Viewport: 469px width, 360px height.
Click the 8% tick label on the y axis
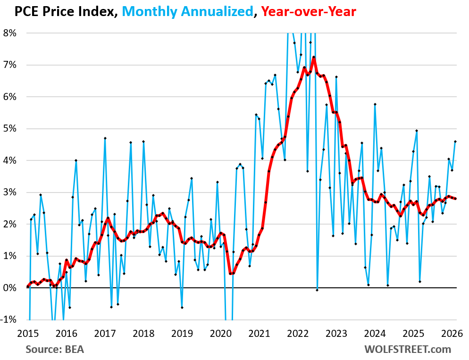click(10, 33)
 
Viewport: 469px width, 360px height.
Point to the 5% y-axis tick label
click(10, 129)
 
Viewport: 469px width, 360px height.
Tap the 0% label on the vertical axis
click(10, 288)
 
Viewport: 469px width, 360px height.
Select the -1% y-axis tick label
click(9, 319)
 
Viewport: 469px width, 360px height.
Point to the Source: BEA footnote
click(52, 350)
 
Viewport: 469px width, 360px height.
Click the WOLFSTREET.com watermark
click(407, 350)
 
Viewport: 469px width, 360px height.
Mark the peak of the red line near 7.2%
click(313, 57)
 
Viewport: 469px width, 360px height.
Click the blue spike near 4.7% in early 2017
click(105, 138)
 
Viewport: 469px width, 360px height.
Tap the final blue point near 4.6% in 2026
click(455, 141)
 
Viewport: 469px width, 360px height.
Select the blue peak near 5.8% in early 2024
click(375, 104)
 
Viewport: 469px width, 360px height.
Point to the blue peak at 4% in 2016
click(76, 160)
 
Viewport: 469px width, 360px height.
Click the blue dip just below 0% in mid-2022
click(317, 290)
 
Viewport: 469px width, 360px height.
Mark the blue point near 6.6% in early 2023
click(336, 77)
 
